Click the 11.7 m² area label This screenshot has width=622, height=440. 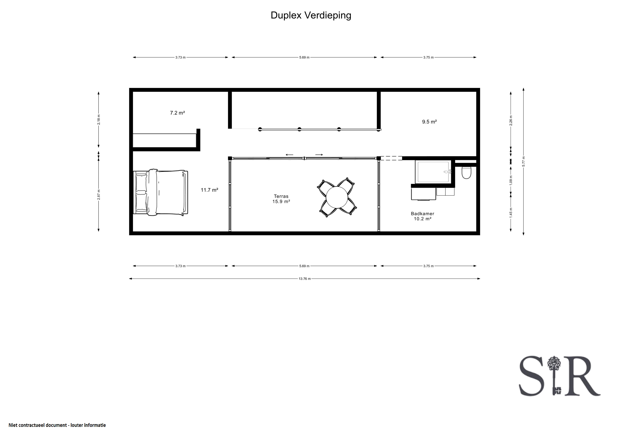pos(209,190)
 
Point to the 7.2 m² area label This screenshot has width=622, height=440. pos(177,113)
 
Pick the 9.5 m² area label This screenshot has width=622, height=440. pos(429,122)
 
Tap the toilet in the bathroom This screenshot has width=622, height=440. pos(466,173)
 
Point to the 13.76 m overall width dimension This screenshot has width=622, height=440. pos(305,279)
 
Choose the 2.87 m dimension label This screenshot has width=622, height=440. pos(99,195)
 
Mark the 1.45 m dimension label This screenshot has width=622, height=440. pos(511,212)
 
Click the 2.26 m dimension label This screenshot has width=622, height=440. pos(511,120)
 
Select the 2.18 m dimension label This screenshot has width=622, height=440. pos(99,120)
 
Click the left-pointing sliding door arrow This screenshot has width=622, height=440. pos(289,155)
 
